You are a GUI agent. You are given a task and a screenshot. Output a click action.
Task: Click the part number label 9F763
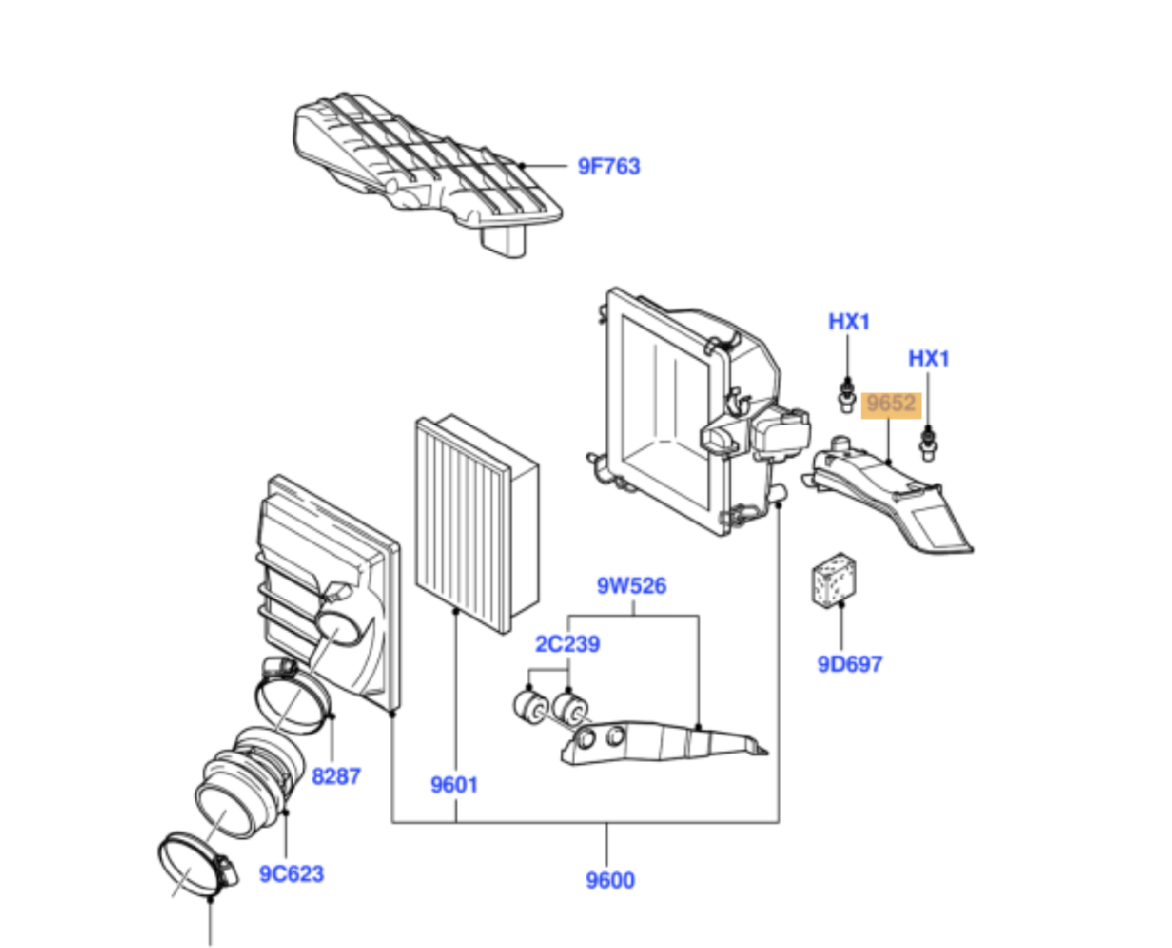[609, 167]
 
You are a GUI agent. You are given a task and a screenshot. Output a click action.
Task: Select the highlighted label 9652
[891, 404]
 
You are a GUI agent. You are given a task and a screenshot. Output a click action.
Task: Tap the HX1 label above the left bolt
[849, 321]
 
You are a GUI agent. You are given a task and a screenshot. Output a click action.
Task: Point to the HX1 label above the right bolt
[928, 358]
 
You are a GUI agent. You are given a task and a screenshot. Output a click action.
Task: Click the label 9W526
[632, 585]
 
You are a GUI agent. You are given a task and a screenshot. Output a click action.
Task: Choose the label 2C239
[568, 644]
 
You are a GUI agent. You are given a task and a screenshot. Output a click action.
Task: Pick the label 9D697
[850, 664]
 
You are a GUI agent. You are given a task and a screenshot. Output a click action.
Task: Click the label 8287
[336, 776]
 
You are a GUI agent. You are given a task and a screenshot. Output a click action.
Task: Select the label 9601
[454, 784]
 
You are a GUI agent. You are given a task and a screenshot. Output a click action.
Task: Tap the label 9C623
[291, 873]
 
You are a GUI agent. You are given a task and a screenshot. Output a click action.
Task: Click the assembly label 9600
[610, 880]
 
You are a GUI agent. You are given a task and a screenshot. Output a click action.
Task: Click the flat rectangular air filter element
[472, 527]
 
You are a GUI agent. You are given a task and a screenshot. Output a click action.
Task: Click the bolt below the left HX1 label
[847, 395]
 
